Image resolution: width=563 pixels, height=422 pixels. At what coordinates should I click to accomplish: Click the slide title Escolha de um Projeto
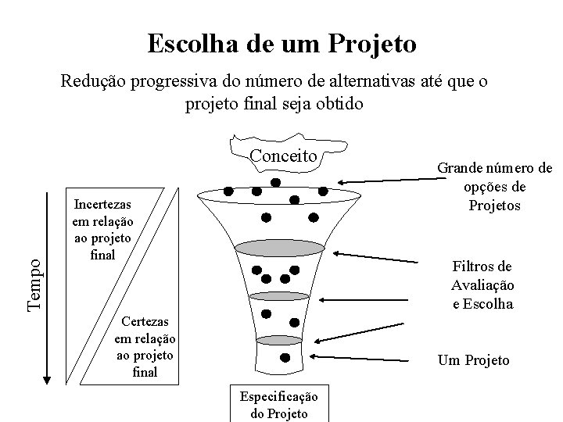(x=281, y=43)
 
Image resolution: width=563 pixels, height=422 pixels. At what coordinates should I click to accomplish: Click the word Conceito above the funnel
(x=283, y=156)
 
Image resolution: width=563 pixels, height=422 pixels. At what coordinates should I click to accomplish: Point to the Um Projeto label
(x=474, y=360)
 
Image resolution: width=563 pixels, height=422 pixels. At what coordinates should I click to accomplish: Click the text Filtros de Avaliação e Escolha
(x=482, y=284)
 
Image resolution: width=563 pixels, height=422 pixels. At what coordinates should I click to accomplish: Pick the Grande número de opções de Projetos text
(x=493, y=187)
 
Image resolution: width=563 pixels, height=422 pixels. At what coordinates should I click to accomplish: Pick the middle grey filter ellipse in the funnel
(x=280, y=296)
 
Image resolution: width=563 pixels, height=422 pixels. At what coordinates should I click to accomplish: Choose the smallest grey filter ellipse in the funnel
(x=278, y=339)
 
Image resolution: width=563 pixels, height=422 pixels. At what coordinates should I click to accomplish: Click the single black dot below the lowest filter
(x=285, y=358)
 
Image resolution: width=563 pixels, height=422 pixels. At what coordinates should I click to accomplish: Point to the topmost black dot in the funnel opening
(x=275, y=183)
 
